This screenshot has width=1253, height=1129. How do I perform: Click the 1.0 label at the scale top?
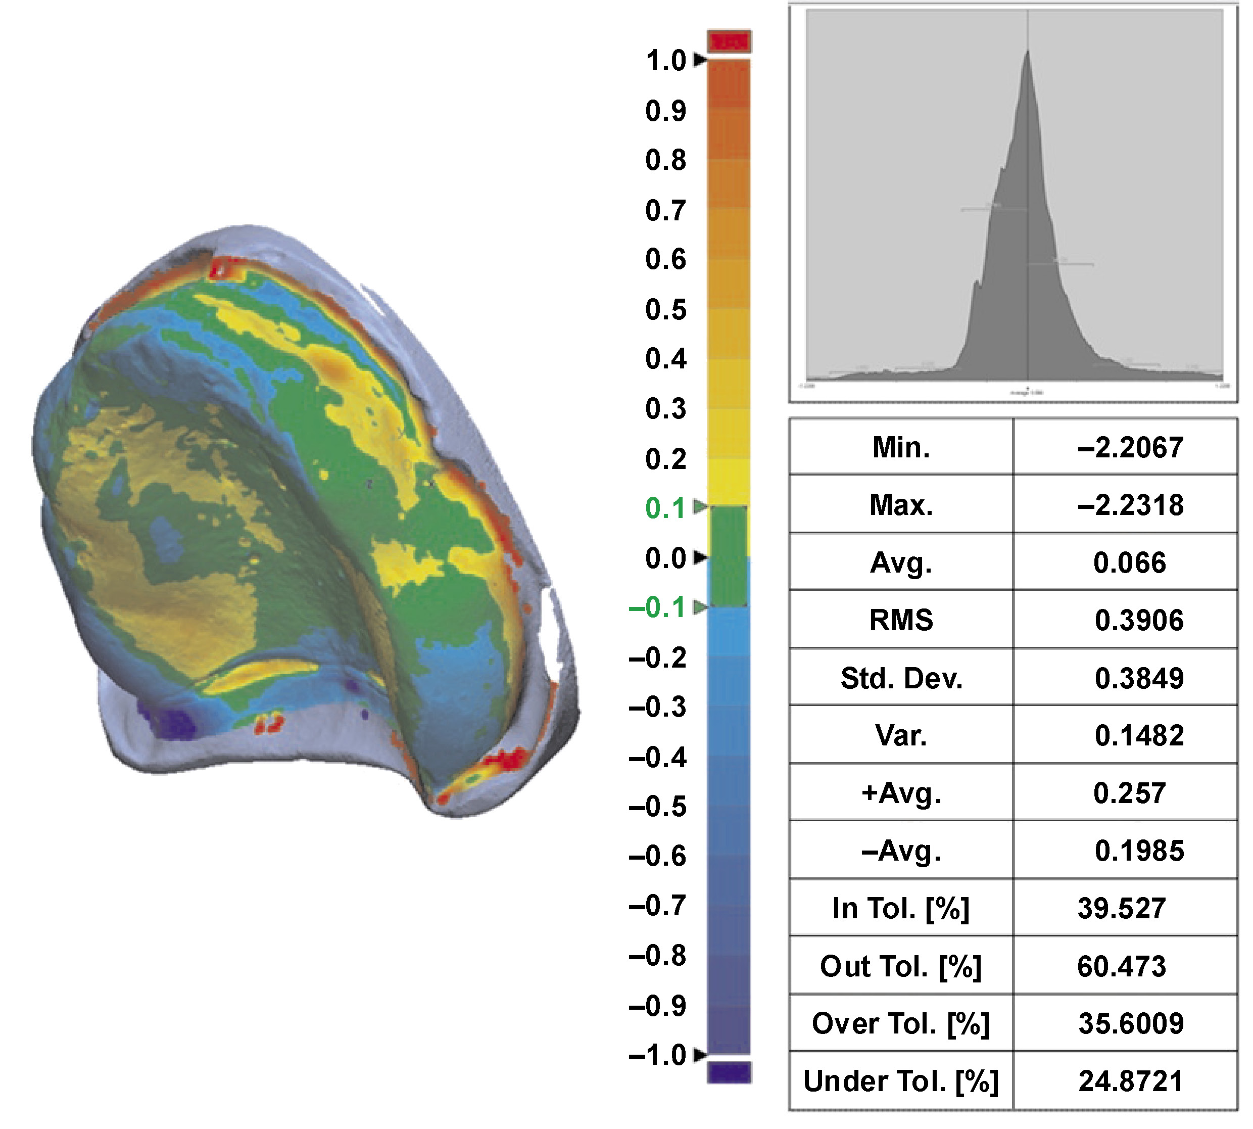coord(665,61)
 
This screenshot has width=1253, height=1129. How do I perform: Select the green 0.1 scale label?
coord(665,508)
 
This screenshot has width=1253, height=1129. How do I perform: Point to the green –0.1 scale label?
coord(657,607)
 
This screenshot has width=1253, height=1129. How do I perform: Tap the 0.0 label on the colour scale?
coord(665,558)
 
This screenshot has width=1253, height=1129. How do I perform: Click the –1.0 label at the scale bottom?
coord(657,1055)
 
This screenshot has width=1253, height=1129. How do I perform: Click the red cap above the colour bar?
coord(730,41)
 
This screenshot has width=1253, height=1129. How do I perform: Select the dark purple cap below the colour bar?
coord(730,1072)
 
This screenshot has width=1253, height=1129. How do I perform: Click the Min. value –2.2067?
coord(1130,447)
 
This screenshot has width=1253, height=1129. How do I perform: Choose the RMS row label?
coord(901,620)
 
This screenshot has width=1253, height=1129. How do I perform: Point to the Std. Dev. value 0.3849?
coord(1139,677)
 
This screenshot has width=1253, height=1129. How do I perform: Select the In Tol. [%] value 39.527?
coord(1122,908)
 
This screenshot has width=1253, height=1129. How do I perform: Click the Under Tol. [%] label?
coord(901,1080)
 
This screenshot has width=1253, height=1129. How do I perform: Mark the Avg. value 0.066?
coord(1130,562)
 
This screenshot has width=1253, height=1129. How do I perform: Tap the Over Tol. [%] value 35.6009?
coord(1131,1023)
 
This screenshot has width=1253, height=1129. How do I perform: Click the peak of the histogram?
coord(1028,53)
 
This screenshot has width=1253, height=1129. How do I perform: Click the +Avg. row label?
coord(901,793)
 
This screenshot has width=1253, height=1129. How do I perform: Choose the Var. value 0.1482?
coord(1139,735)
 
